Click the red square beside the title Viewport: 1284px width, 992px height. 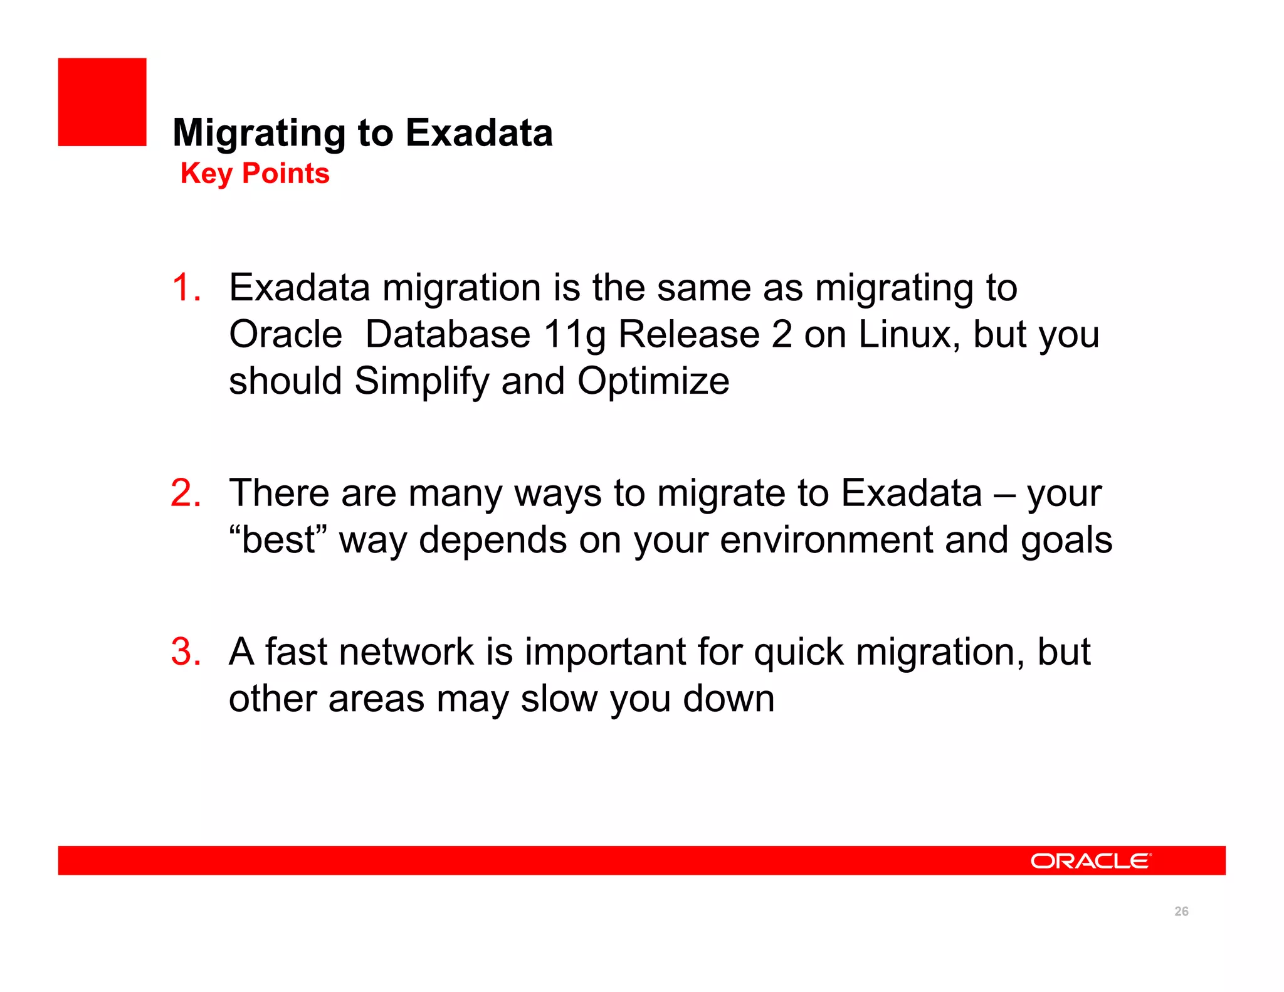tap(102, 102)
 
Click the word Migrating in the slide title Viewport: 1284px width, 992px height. tap(258, 134)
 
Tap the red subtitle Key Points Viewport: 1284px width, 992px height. tap(255, 174)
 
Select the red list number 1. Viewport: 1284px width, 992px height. tap(186, 288)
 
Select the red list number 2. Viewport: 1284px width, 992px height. tap(186, 493)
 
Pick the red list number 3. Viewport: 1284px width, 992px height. tap(186, 652)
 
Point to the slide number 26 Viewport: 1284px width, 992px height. tap(1181, 911)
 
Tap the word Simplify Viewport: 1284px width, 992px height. tap(421, 381)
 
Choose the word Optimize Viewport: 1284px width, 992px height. tap(653, 381)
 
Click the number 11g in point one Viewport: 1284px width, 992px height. tap(574, 335)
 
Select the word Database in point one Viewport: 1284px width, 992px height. tap(448, 334)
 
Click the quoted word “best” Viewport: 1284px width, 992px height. tap(278, 539)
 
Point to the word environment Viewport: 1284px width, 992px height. tap(826, 540)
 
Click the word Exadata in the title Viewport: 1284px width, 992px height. tap(479, 133)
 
